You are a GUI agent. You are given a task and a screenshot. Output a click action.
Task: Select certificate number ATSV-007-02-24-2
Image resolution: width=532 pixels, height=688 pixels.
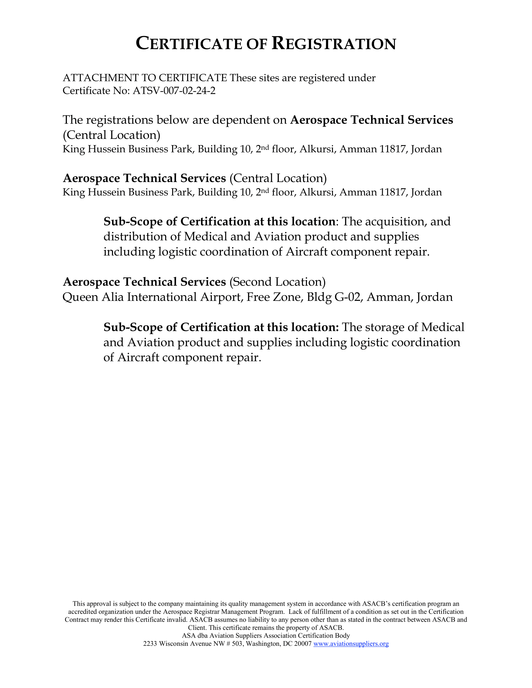[174, 91]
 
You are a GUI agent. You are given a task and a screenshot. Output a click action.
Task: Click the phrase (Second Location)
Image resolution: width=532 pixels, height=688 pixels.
[277, 282]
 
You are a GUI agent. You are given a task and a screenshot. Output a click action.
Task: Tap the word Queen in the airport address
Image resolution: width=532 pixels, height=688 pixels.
[80, 297]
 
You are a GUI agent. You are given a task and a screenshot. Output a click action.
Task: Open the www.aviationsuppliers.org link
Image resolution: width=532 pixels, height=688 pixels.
[351, 644]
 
